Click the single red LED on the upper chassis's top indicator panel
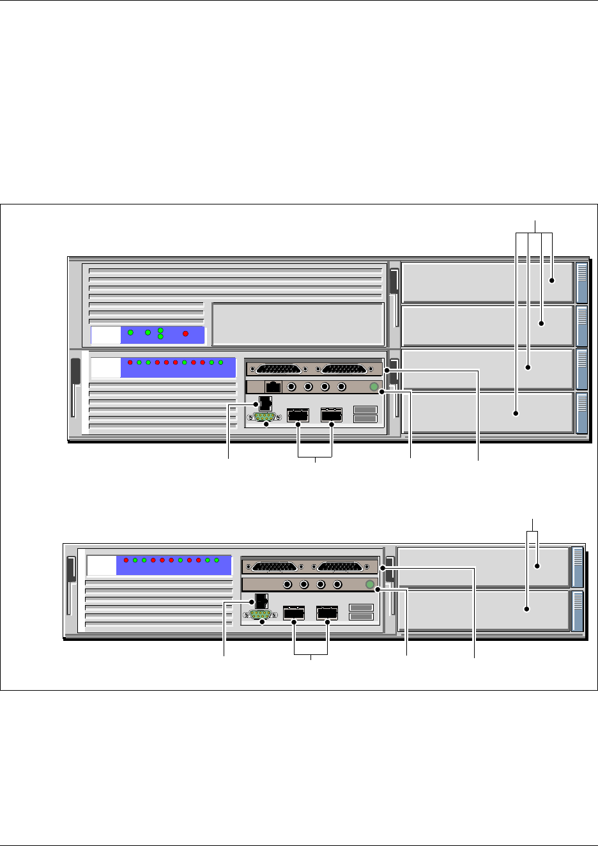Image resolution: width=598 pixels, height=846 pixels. point(185,334)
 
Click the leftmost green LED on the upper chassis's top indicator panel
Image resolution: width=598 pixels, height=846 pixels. point(130,333)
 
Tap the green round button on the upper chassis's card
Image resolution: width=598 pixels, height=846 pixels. point(374,386)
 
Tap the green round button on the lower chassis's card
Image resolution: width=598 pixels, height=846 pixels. point(369,584)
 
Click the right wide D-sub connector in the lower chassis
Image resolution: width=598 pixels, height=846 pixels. point(339,566)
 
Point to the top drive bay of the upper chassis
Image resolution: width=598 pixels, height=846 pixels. point(486,282)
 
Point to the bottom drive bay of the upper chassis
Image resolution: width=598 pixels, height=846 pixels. point(486,413)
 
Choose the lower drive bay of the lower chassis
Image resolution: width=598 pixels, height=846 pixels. point(482,611)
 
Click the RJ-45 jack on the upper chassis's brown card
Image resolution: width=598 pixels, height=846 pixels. point(273,387)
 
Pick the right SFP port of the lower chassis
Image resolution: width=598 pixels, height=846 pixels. point(327,613)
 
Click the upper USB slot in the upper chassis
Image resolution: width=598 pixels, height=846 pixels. point(365,410)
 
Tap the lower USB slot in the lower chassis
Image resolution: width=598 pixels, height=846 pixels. point(361,616)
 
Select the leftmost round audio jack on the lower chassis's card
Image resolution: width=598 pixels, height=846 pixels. point(288,584)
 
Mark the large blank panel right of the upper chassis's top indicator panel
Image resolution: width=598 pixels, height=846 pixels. point(298,324)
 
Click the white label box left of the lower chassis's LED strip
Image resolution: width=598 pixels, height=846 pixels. point(102,565)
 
